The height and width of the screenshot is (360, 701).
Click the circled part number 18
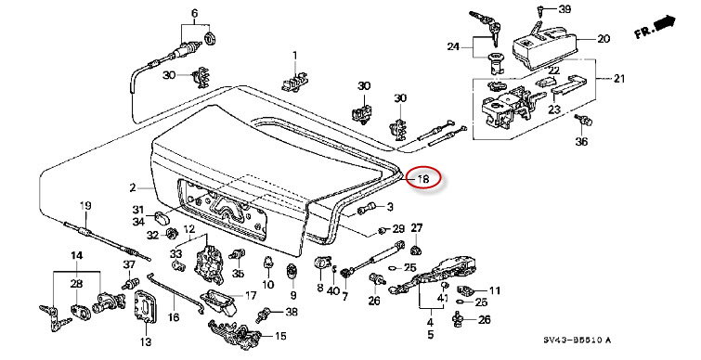point(423,179)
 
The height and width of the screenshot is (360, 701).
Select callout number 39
point(565,9)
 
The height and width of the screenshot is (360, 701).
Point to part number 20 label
point(604,39)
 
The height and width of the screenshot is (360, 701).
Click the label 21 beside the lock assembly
point(618,79)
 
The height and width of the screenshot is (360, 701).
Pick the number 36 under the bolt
point(581,142)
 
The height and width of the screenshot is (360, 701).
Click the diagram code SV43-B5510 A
point(577,341)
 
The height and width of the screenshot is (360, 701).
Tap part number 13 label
point(146,342)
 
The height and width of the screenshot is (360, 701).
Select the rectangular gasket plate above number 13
point(146,306)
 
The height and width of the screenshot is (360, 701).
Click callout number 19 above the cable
point(85,206)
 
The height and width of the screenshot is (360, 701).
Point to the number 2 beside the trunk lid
point(133,187)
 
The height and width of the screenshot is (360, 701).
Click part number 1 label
point(294,56)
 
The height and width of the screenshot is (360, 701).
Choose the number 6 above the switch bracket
point(194,13)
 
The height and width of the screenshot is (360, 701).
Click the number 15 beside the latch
point(280,336)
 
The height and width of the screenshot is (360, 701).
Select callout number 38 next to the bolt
point(291,312)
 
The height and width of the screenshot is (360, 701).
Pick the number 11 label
point(494,290)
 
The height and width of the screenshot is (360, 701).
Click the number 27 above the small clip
point(417,227)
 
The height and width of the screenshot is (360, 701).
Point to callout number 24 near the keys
point(453,46)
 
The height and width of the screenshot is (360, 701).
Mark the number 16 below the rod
point(174,317)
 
